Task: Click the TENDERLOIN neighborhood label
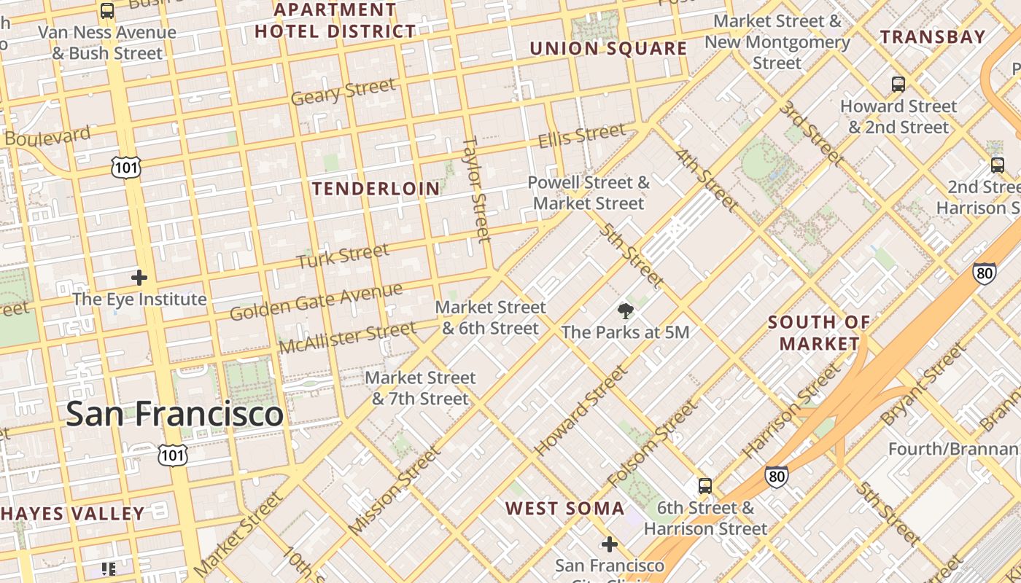tap(376, 189)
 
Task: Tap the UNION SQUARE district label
tap(608, 49)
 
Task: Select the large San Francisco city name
tap(174, 414)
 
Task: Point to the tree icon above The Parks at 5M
tap(625, 312)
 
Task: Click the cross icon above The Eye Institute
tap(139, 278)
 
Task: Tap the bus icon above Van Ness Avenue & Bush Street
tap(107, 11)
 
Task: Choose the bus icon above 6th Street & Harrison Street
tap(704, 486)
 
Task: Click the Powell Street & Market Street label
tap(589, 192)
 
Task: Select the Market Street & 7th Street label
tap(420, 388)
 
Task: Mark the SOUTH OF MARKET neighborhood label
tap(819, 332)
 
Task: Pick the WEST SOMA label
tap(565, 509)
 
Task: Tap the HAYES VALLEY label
tap(72, 514)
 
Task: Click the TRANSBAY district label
tap(932, 36)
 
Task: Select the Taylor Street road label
tap(476, 188)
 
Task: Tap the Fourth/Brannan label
tap(953, 449)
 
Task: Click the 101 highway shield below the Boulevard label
tap(126, 168)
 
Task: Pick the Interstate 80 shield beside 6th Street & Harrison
tap(776, 477)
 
